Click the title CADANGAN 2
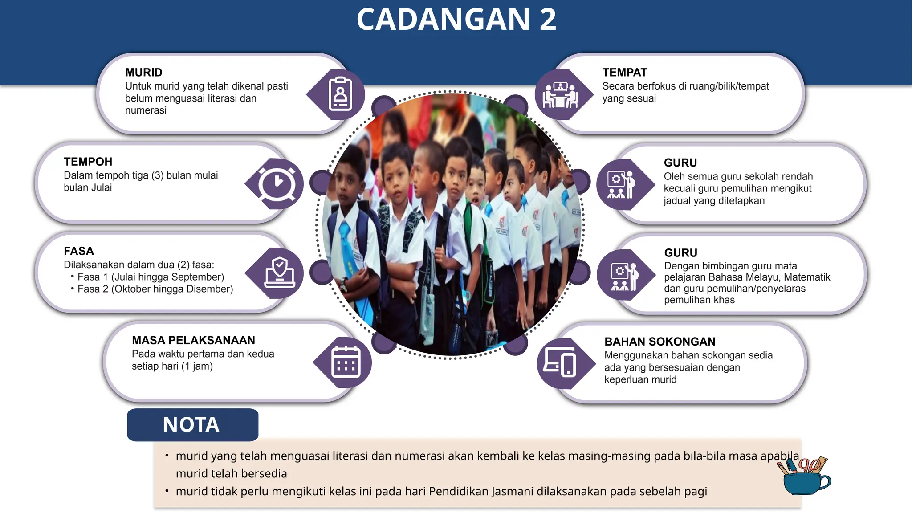pyautogui.click(x=456, y=20)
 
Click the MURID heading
pyautogui.click(x=143, y=72)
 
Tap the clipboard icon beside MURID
pyautogui.click(x=340, y=94)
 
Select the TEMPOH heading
pyautogui.click(x=88, y=162)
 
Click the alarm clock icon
pyautogui.click(x=277, y=183)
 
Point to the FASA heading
pyautogui.click(x=78, y=251)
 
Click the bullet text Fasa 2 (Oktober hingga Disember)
pyautogui.click(x=155, y=289)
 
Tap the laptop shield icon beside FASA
pyautogui.click(x=279, y=273)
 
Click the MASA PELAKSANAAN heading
pyautogui.click(x=193, y=340)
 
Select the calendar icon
pyautogui.click(x=346, y=362)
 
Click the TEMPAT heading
pyautogui.click(x=624, y=72)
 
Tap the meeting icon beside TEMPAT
pyautogui.click(x=560, y=95)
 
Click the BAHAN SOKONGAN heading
pyautogui.click(x=660, y=342)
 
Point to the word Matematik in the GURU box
pyautogui.click(x=807, y=277)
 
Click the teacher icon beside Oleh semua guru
pyautogui.click(x=621, y=184)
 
